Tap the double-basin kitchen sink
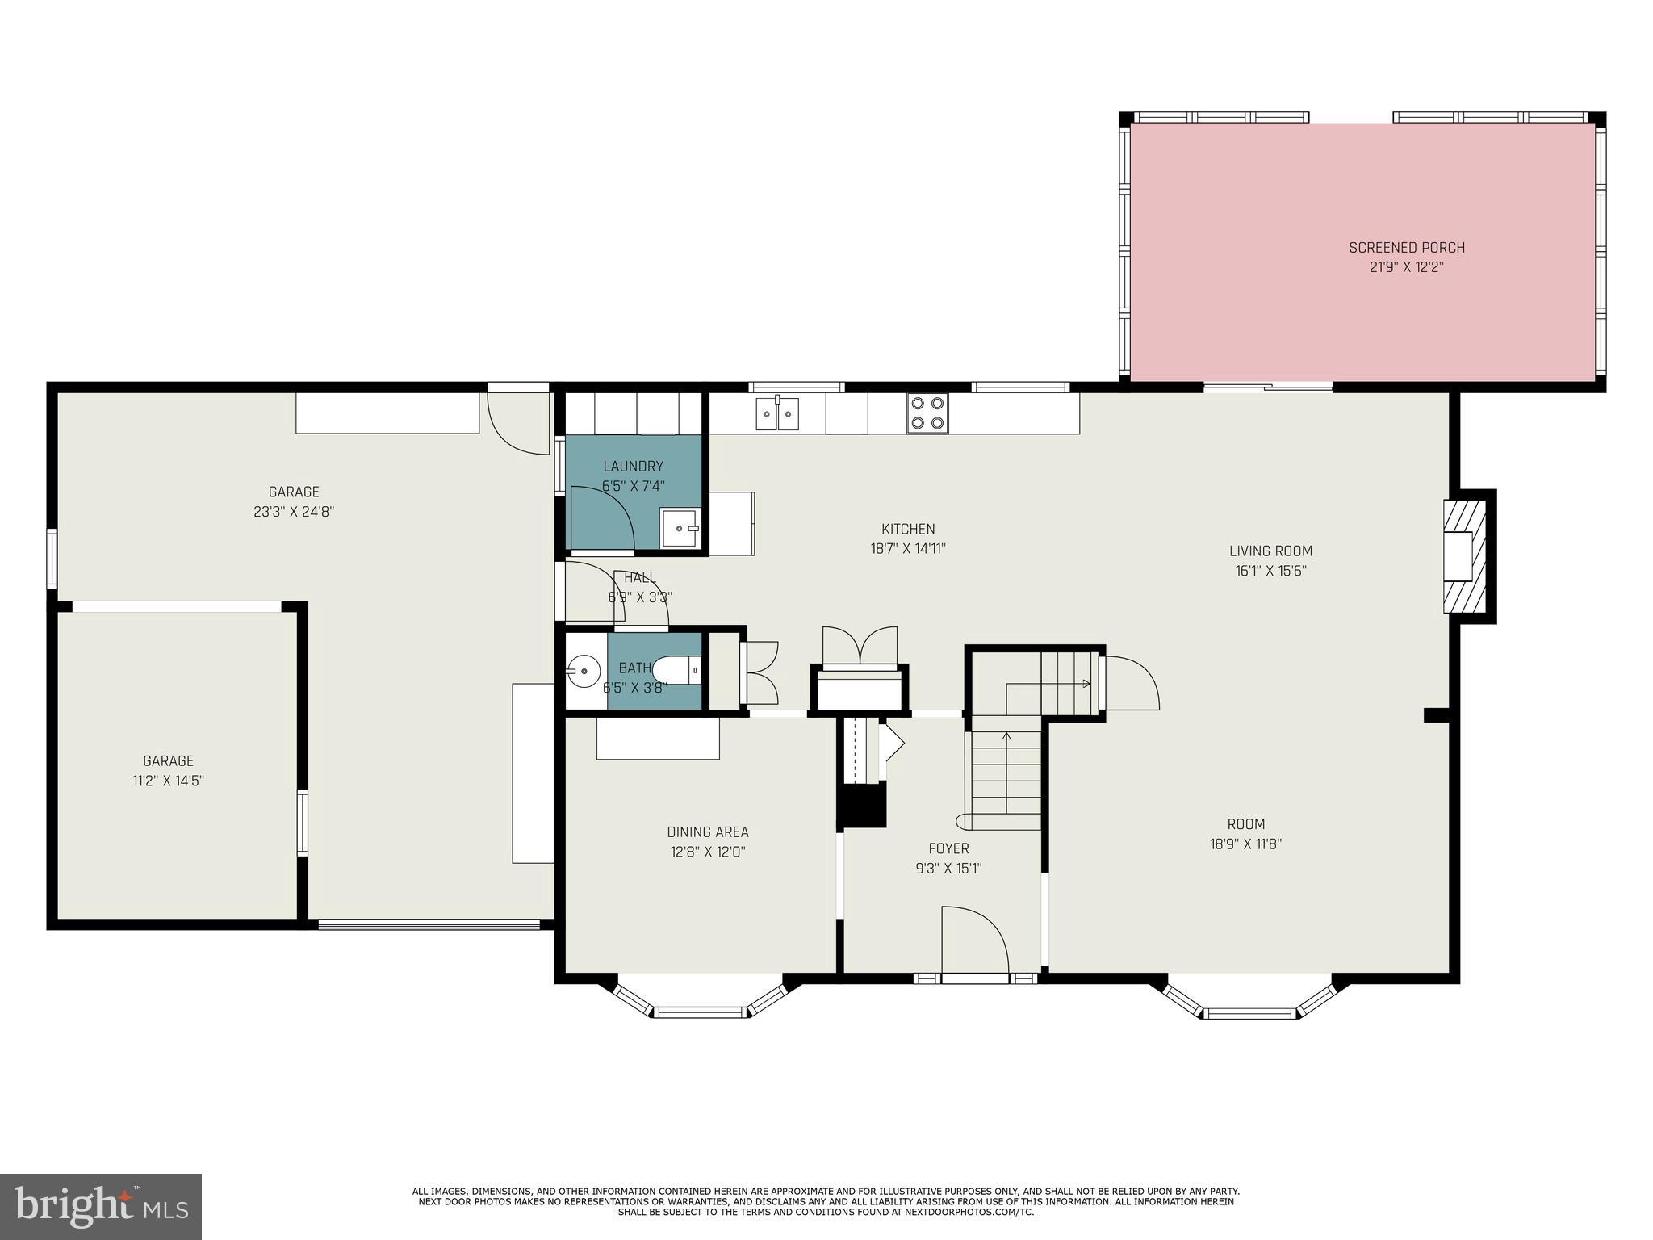pos(777,414)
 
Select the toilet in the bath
pos(676,670)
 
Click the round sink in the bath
pos(583,670)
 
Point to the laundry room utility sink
pos(680,527)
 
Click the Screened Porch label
pos(1406,248)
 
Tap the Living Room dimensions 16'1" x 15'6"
pos(1270,571)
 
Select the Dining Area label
pos(707,832)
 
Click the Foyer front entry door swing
pos(975,940)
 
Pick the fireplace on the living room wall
pos(1463,556)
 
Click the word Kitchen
pos(907,529)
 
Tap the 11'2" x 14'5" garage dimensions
pos(168,781)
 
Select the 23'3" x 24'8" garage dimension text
pos(294,511)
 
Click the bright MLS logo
pos(101,1207)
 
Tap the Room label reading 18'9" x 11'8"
pos(1245,834)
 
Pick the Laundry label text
pos(633,466)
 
